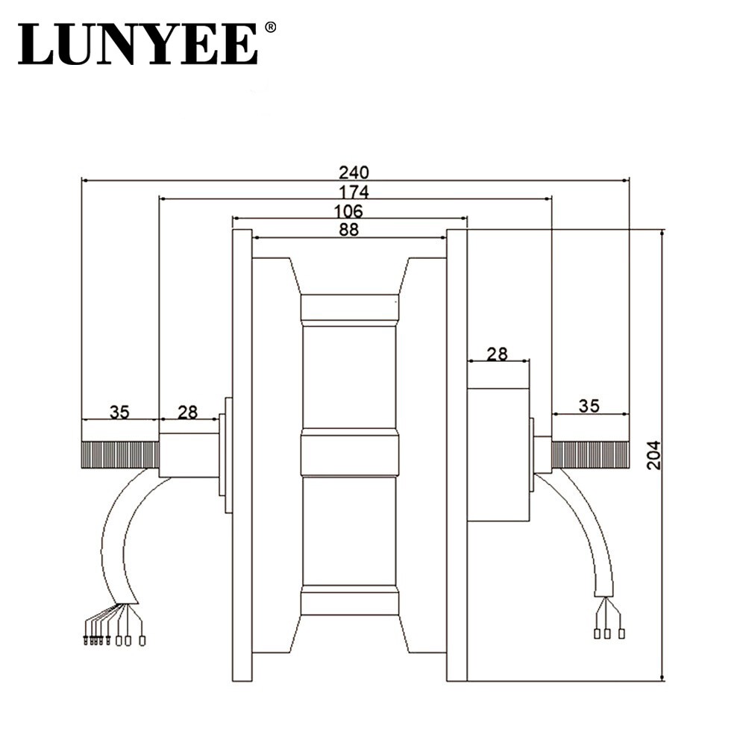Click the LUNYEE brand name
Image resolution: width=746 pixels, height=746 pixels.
click(x=138, y=44)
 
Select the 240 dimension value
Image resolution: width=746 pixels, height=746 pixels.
click(x=354, y=172)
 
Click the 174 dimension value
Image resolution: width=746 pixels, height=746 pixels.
click(x=354, y=192)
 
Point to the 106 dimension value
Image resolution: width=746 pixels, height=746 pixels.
click(x=348, y=211)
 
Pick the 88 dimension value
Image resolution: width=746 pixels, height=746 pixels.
click(x=348, y=230)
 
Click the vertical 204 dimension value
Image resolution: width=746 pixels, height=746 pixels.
click(x=654, y=455)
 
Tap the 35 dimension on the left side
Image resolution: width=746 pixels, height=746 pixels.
click(x=119, y=412)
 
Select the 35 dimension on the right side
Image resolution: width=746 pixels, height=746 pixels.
click(x=589, y=406)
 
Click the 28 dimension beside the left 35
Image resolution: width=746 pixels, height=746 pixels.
click(x=187, y=412)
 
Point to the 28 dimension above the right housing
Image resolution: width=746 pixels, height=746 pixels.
click(x=497, y=354)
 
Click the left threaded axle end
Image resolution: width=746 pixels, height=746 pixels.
click(x=120, y=455)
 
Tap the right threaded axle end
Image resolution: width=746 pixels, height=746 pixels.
click(x=590, y=455)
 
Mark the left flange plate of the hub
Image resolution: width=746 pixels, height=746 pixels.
click(x=242, y=455)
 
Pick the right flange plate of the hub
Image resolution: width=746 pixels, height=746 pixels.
click(x=457, y=455)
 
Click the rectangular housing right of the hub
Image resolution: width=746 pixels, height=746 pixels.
click(x=498, y=455)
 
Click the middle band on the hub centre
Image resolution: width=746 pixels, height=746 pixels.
click(x=349, y=455)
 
